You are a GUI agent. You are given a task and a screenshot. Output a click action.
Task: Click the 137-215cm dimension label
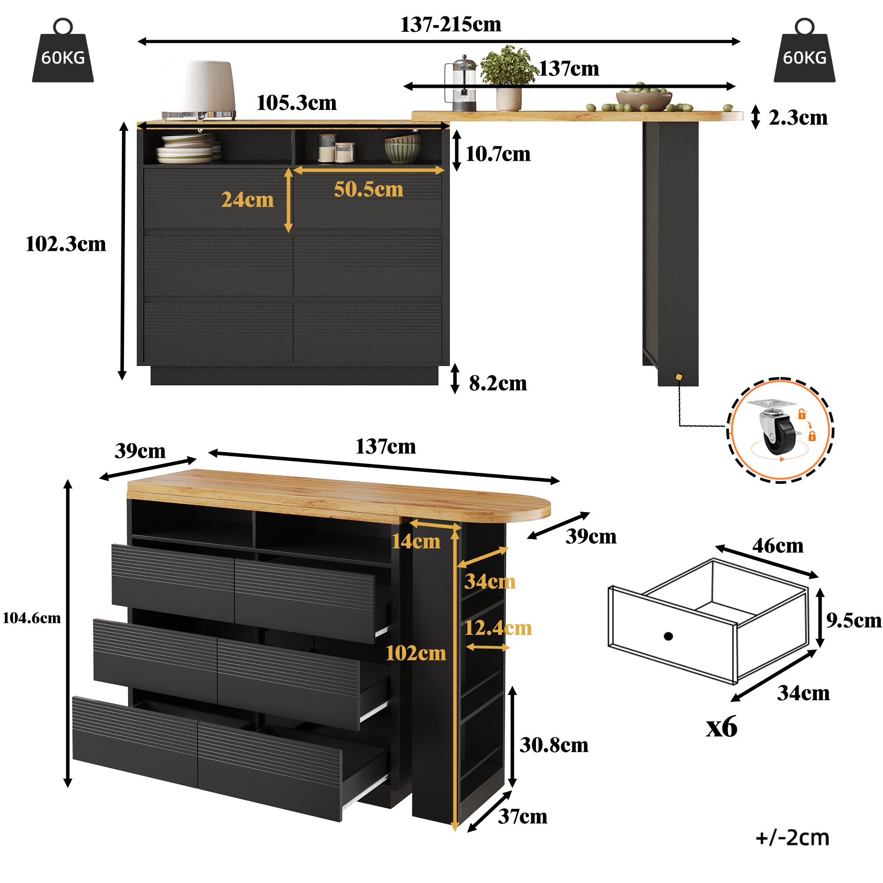451,25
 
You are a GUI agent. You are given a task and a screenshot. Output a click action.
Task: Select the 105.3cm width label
296,103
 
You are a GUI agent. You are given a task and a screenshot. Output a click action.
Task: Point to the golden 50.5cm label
368,190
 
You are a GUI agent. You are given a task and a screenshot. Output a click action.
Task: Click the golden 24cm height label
247,200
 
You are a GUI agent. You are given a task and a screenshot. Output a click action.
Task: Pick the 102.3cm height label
65,244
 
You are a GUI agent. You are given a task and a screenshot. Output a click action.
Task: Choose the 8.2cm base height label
498,384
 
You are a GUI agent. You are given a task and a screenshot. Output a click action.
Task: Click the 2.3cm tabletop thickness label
797,118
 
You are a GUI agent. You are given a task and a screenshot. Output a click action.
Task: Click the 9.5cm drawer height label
853,621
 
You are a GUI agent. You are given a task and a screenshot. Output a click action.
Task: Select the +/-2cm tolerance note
792,838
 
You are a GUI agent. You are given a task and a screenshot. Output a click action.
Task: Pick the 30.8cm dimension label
554,745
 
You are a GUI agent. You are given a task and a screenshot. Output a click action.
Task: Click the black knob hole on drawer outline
668,636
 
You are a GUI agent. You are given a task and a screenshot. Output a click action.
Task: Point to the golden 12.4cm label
498,628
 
